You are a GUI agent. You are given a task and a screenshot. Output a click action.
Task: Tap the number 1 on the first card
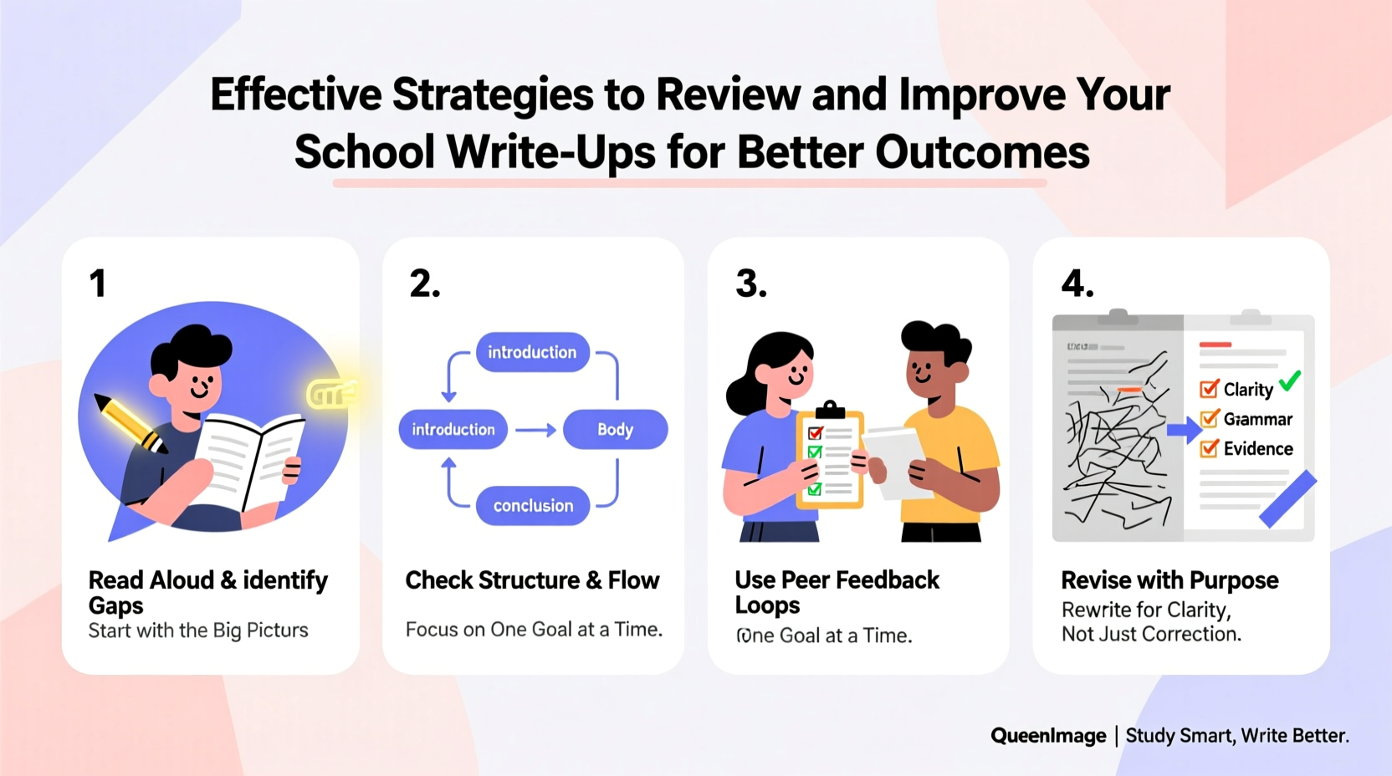[98, 283]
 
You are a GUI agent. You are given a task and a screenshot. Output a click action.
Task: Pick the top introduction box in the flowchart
[532, 352]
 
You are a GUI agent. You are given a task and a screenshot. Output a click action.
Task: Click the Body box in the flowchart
[615, 429]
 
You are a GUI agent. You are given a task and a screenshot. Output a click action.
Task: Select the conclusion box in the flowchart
[533, 505]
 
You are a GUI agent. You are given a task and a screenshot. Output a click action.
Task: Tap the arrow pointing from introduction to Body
[535, 430]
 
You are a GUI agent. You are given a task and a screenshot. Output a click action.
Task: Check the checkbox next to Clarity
[1209, 389]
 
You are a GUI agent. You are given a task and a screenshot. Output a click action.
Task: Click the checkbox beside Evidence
[1209, 448]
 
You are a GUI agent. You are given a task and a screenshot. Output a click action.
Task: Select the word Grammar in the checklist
[1258, 419]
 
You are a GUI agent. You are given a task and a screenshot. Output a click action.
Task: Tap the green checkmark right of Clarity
[1290, 381]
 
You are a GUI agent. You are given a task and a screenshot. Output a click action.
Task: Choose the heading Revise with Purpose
[1169, 579]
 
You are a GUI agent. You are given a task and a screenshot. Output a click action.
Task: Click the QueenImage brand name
[1048, 736]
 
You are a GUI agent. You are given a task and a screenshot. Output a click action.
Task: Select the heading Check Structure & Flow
[532, 579]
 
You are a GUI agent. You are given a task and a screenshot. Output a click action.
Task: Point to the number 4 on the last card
[1077, 283]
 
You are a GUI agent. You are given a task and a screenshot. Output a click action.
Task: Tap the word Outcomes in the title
[982, 152]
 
